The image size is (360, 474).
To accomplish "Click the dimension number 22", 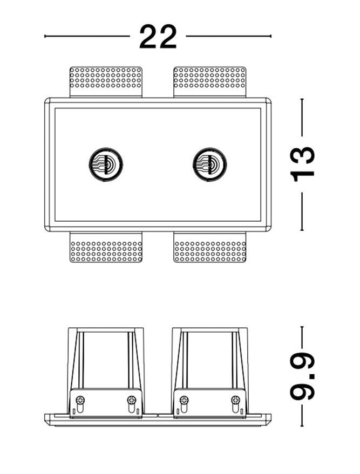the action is click(x=158, y=37).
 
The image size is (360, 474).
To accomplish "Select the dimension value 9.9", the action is click(x=303, y=376).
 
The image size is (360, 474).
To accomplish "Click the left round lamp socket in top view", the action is click(x=106, y=164).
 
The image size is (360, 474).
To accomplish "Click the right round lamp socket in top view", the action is click(x=209, y=164).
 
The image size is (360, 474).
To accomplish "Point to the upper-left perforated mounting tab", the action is click(x=106, y=82).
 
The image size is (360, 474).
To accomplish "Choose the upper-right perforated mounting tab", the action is click(x=210, y=82).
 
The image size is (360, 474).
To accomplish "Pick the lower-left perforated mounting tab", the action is click(x=106, y=247).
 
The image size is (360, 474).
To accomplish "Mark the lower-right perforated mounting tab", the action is click(x=210, y=247).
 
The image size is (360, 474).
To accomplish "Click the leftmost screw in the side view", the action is click(x=80, y=401).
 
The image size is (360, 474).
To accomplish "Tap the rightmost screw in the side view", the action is click(x=235, y=401).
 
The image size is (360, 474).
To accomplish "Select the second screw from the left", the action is click(x=132, y=401).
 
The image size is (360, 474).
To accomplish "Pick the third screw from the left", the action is click(x=184, y=401).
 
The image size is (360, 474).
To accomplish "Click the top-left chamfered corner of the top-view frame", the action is click(x=47, y=100).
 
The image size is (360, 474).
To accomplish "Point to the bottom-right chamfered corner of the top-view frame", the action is click(x=268, y=229).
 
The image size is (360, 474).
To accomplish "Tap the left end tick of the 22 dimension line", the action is click(x=45, y=36).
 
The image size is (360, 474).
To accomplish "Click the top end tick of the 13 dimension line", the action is click(x=302, y=99).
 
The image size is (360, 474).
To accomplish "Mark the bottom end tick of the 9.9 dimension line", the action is click(x=302, y=425).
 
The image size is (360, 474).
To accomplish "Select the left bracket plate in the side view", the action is click(x=106, y=403).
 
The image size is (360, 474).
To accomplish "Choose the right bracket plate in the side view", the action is click(x=210, y=403).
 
